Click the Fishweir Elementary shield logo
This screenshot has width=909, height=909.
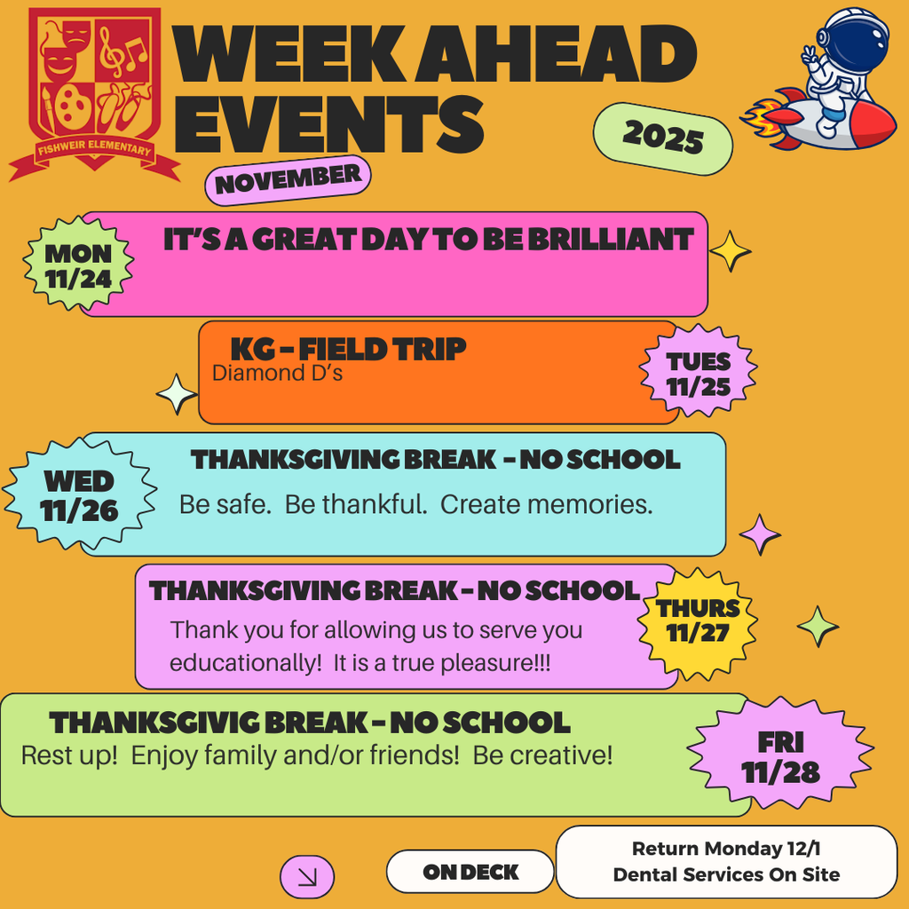[x=94, y=89]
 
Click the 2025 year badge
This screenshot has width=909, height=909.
[x=662, y=138]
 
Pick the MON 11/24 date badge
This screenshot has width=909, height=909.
[x=79, y=266]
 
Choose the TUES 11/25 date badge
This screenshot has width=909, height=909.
[x=699, y=373]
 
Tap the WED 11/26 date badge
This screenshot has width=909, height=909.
[x=79, y=495]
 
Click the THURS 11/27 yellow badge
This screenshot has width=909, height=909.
[x=698, y=620]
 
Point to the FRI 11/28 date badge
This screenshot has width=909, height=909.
[x=780, y=757]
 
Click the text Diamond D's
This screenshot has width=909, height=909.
[x=277, y=373]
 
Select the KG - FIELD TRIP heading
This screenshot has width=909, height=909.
[x=348, y=349]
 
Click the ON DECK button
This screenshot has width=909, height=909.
[x=470, y=872]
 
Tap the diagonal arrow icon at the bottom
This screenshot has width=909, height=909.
[x=307, y=877]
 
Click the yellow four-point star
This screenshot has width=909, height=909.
[x=731, y=251]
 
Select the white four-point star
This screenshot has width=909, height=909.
[x=177, y=394]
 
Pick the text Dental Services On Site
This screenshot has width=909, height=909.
[x=726, y=874]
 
